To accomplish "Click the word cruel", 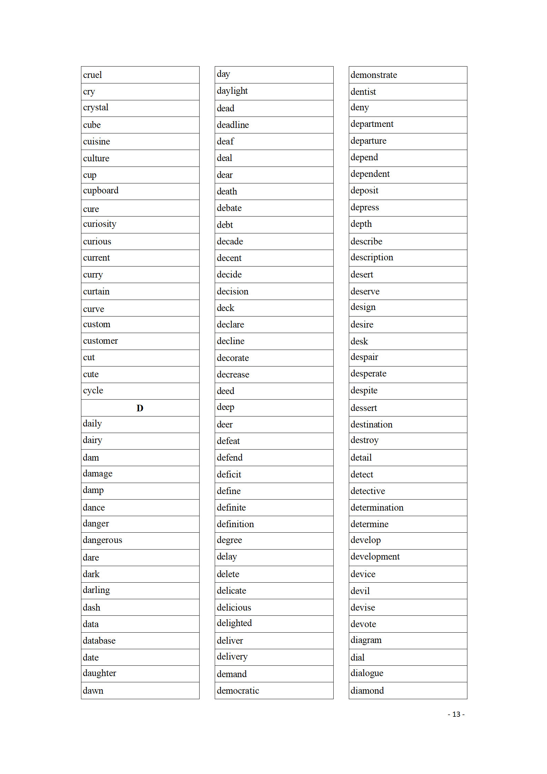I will pos(92,75).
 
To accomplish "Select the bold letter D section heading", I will pos(140,408).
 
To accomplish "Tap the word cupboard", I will pos(101,191).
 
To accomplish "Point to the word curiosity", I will pos(100,224).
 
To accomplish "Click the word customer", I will pos(100,341).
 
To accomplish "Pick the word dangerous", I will pos(102,540).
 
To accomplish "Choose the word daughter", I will pos(99,673).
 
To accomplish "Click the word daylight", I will pos(232,91).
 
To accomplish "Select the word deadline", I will pos(233,125).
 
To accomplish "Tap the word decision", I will pos(232,291).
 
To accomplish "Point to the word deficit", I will pos(229,474).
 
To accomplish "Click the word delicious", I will pos(234,607).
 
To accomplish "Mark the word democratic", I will pos(238,691).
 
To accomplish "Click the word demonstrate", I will pos(374,75).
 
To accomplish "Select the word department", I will pos(372,124).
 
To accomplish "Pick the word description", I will pos(372,258).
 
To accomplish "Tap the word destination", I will pos(371,424).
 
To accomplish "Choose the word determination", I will pos(377,507).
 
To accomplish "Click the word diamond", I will pos(367,691).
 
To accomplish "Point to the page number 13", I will pos(456,714).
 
